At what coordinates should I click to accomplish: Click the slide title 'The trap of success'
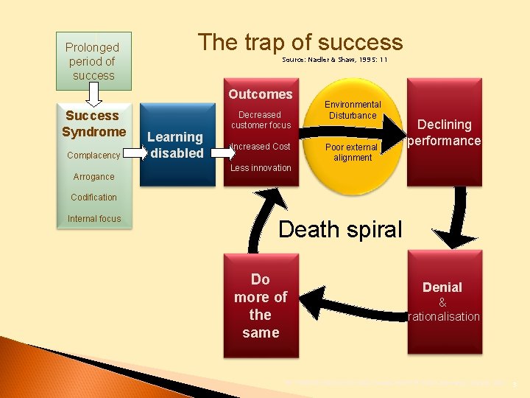[300, 42]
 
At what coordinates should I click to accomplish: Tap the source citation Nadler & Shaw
[334, 59]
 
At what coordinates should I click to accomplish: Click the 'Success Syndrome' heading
[93, 124]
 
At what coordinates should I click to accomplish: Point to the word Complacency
[93, 156]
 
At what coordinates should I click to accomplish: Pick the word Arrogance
[93, 177]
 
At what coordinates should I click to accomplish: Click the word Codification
[93, 198]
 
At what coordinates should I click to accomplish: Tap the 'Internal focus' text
[93, 219]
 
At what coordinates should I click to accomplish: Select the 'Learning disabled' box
[175, 145]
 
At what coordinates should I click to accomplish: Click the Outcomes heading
[261, 94]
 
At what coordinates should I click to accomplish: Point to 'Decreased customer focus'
[261, 120]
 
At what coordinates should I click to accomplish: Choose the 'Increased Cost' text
[261, 147]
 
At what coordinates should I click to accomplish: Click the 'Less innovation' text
[261, 168]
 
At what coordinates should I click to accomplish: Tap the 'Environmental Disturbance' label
[353, 110]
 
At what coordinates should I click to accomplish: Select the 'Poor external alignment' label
[352, 152]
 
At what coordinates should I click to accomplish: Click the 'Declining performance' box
[445, 133]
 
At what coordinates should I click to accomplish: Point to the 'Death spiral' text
[340, 229]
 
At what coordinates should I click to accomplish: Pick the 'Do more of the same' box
[261, 306]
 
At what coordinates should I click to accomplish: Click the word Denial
[442, 287]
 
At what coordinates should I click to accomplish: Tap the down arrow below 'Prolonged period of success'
[93, 94]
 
